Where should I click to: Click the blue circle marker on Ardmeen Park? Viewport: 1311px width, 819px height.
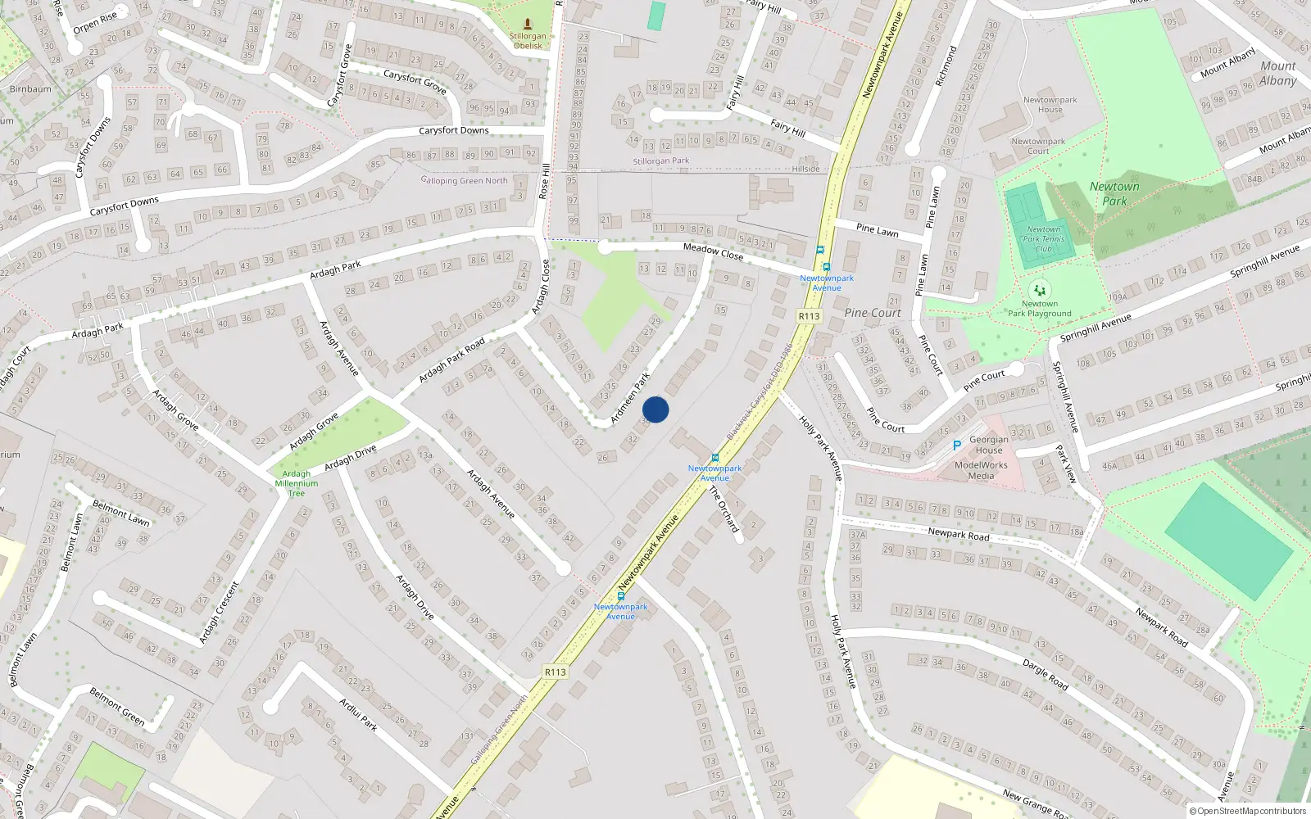[655, 409]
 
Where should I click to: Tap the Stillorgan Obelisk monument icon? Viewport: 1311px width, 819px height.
[528, 24]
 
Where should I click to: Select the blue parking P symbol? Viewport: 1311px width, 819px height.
[956, 446]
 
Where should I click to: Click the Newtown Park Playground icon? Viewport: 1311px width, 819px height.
[1040, 290]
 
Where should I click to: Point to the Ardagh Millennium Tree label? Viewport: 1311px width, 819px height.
[297, 483]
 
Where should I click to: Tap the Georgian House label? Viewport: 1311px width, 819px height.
[989, 445]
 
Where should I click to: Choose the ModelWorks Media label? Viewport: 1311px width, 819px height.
[981, 470]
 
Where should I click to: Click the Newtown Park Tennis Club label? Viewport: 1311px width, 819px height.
[1044, 239]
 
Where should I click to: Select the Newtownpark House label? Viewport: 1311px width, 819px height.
[1050, 105]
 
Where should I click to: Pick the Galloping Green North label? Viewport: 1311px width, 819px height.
[465, 180]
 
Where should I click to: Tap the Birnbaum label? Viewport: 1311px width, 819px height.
[30, 88]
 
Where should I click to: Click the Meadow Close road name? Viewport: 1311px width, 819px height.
[713, 251]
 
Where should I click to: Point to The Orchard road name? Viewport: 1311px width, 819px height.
[724, 509]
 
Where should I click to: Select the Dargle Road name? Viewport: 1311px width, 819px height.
[1045, 674]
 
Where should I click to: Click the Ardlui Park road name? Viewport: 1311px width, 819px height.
[358, 714]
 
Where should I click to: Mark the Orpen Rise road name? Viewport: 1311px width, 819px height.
[95, 23]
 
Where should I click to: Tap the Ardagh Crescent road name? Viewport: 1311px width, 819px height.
[220, 612]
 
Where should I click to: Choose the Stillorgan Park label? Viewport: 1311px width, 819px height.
[661, 161]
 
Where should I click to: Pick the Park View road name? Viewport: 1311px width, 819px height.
[1066, 464]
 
